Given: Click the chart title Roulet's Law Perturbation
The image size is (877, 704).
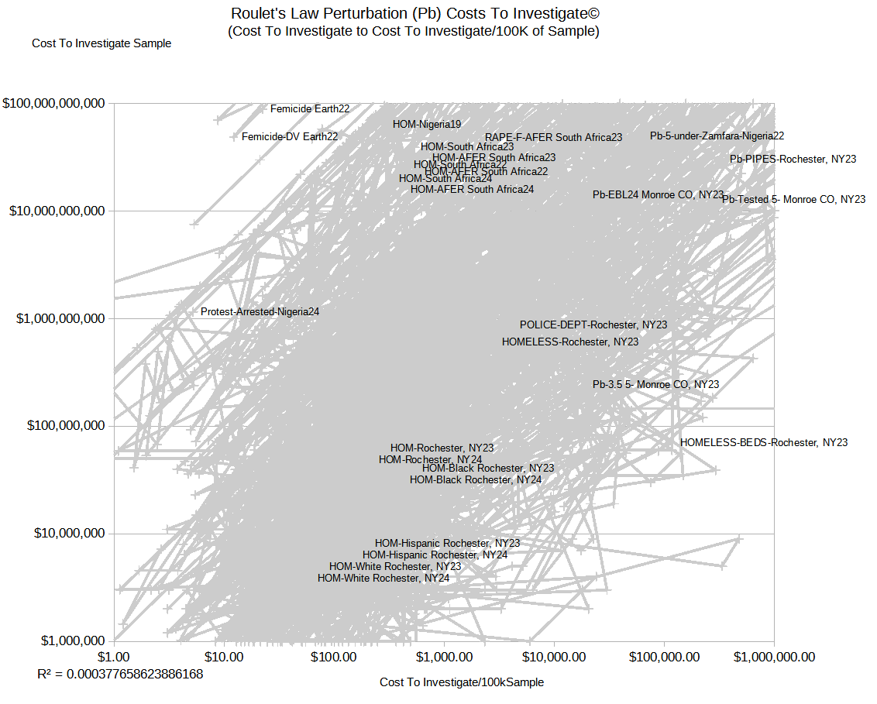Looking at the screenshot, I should coord(414,14).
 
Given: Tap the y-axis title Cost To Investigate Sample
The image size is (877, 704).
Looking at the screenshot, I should coord(101,43).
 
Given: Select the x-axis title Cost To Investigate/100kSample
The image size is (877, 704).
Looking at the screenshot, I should coord(462,682).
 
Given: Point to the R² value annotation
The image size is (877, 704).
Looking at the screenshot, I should coord(120,674).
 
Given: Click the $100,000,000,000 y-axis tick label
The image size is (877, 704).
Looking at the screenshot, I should coord(53,103).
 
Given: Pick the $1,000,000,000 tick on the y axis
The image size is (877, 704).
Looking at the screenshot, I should coord(60,318).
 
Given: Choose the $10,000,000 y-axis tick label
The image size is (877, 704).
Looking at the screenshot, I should coord(66,534).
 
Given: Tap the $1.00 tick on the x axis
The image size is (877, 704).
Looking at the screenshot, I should coord(115,657).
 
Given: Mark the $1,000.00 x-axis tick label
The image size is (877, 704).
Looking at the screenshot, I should coord(444,657).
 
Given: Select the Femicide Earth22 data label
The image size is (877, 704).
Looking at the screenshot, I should coord(310,109).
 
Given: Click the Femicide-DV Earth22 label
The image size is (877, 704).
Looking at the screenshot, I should coord(290,137).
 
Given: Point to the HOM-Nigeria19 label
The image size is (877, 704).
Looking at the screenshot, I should coord(427,124).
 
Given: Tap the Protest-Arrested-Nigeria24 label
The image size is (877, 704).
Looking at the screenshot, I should coord(260,312).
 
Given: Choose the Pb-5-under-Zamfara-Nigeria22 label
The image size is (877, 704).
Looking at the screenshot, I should coord(717,136).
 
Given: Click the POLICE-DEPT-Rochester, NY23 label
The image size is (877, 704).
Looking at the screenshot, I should coord(593,325).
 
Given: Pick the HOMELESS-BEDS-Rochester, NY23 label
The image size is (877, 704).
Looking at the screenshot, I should coord(764,443).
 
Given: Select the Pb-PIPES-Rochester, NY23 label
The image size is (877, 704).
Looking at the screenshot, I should coord(793,160).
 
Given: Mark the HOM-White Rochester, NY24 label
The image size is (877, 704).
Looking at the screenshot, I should coord(383,579).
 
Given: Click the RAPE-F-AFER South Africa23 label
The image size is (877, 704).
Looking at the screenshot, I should coord(553,138).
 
